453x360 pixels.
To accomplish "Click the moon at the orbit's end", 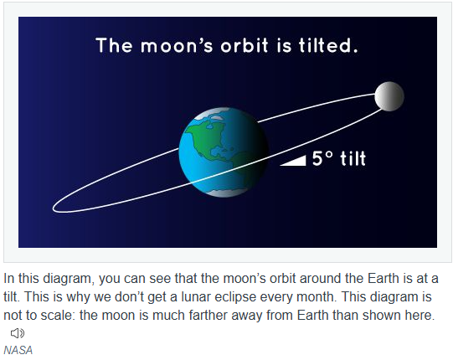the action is pyautogui.click(x=389, y=96).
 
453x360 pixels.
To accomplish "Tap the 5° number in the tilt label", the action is pyautogui.click(x=322, y=158).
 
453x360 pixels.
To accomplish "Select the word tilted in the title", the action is pyautogui.click(x=328, y=45).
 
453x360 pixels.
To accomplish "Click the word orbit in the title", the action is pyautogui.click(x=245, y=45).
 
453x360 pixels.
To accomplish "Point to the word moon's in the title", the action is pyautogui.click(x=177, y=46).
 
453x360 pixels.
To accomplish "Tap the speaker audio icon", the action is pyautogui.click(x=18, y=333).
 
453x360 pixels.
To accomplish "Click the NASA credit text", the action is pyautogui.click(x=18, y=350).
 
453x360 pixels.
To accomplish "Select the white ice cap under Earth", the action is pyautogui.click(x=225, y=193).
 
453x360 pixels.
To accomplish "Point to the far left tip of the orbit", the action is pyautogui.click(x=53, y=208).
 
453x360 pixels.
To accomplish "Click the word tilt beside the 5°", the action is pyautogui.click(x=353, y=158).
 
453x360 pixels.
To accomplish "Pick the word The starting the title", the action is pyautogui.click(x=115, y=45).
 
